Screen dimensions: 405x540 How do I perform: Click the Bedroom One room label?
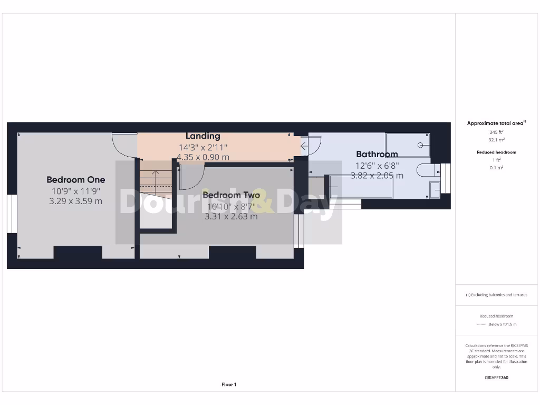75,180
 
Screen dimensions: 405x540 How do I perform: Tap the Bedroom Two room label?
231,195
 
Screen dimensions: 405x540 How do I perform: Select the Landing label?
203,137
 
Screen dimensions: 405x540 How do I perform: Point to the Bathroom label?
377,155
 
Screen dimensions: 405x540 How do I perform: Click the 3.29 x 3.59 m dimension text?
76,201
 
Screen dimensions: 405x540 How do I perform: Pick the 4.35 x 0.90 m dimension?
203,157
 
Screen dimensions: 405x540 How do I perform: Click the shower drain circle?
421,144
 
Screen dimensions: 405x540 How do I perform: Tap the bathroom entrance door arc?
313,146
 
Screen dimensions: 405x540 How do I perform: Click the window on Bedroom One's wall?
12,214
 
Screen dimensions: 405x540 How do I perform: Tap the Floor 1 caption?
229,384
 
